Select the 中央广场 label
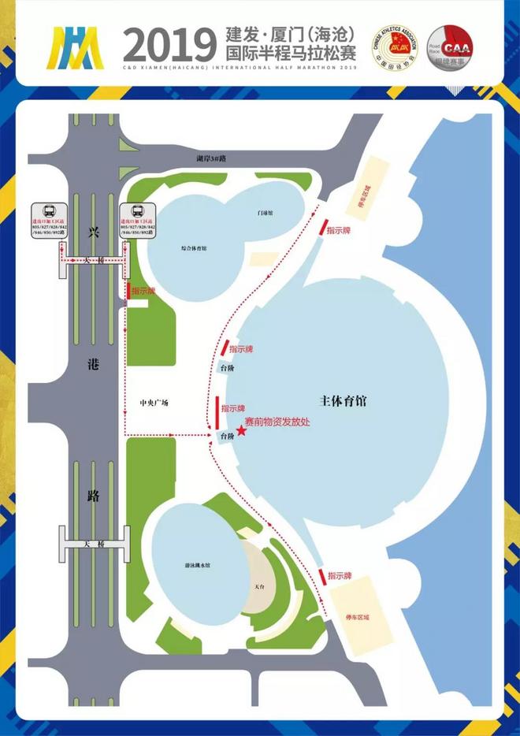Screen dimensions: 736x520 (x=150, y=403)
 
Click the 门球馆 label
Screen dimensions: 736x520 (x=264, y=213)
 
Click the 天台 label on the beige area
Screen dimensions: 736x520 (x=259, y=586)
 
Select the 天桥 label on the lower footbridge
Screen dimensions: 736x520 (x=94, y=544)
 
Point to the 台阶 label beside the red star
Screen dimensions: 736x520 (x=228, y=435)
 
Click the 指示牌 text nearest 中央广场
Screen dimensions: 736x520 (x=236, y=408)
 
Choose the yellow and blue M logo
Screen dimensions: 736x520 (x=75, y=49)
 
